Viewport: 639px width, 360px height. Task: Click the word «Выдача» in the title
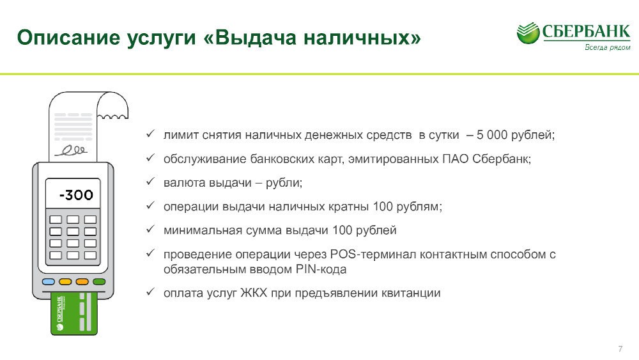(x=256, y=38)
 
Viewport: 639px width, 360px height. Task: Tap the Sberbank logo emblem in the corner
(x=528, y=33)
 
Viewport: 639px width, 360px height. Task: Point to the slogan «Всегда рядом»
(x=607, y=47)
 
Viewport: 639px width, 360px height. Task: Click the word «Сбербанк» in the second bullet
(x=501, y=159)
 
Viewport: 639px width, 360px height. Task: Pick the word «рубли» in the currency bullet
(x=284, y=183)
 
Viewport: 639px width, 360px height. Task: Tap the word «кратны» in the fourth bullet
(x=350, y=207)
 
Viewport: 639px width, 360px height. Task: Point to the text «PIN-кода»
(x=321, y=269)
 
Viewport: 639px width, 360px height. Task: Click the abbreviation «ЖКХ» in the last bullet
(x=254, y=293)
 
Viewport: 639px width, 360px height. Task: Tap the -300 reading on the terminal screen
(x=76, y=195)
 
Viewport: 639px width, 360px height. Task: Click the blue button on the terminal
(x=49, y=282)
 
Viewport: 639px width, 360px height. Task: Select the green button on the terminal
(x=99, y=282)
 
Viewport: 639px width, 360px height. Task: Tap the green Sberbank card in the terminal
(x=74, y=313)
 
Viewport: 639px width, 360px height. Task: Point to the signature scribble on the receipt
(x=71, y=150)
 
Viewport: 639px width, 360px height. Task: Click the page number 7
(x=620, y=349)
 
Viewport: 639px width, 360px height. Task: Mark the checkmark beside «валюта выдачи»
(x=150, y=181)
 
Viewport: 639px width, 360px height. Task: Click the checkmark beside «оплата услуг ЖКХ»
(x=150, y=292)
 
